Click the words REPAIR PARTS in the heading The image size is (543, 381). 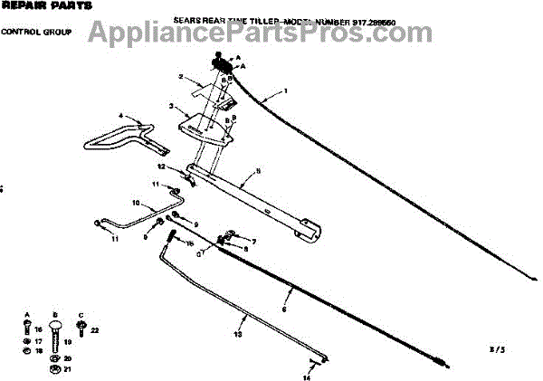pyautogui.click(x=34, y=6)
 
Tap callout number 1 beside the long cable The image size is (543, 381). pyautogui.click(x=285, y=90)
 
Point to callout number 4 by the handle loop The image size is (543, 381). pyautogui.click(x=119, y=116)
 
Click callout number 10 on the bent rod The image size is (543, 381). pyautogui.click(x=137, y=203)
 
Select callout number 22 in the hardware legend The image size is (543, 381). pyautogui.click(x=94, y=331)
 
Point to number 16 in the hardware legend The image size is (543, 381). pyautogui.click(x=39, y=331)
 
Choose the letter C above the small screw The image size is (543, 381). pyautogui.click(x=81, y=314)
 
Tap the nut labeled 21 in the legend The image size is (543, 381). pyautogui.click(x=55, y=368)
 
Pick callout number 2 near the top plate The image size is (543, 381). pyautogui.click(x=182, y=77)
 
